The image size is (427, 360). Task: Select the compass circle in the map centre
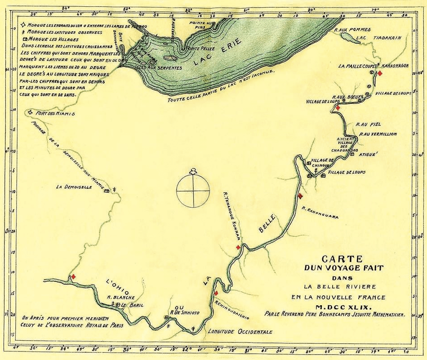point(193,190)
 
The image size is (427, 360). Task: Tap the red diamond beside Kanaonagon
point(380,73)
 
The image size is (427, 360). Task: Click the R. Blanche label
point(118,297)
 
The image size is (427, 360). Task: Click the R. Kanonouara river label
point(320,212)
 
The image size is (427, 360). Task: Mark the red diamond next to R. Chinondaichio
point(216,293)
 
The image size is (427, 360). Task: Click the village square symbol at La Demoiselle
point(107,191)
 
